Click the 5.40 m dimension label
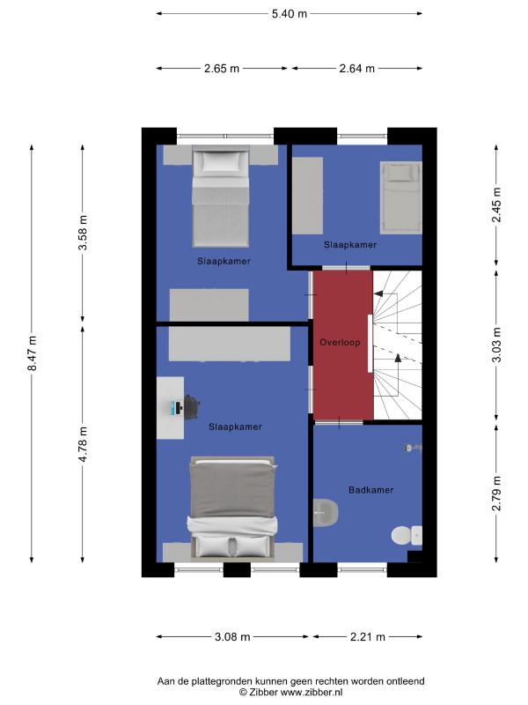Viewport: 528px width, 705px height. pyautogui.click(x=290, y=14)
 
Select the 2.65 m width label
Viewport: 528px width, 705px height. pyautogui.click(x=222, y=69)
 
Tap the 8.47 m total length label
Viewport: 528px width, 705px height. pyautogui.click(x=33, y=353)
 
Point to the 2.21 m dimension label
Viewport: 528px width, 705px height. pyautogui.click(x=368, y=636)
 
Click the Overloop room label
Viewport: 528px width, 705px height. pyautogui.click(x=340, y=343)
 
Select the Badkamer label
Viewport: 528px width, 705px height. pyautogui.click(x=370, y=490)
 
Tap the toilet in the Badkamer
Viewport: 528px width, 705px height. pyautogui.click(x=407, y=536)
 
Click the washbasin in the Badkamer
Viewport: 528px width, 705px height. pyautogui.click(x=325, y=512)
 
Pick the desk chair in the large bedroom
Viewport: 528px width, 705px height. pyautogui.click(x=192, y=407)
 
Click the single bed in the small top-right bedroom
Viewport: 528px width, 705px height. pyautogui.click(x=401, y=197)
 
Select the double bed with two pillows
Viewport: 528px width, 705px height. pyautogui.click(x=232, y=509)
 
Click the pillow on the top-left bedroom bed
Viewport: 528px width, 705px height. pyautogui.click(x=220, y=161)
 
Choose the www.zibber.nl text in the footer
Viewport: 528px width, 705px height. pyautogui.click(x=312, y=693)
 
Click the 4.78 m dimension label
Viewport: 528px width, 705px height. pyautogui.click(x=83, y=444)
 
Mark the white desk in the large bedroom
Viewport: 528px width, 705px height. pyautogui.click(x=170, y=408)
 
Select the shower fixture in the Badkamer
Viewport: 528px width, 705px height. pyautogui.click(x=413, y=448)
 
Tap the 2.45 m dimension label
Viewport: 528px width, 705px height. pyautogui.click(x=496, y=204)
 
